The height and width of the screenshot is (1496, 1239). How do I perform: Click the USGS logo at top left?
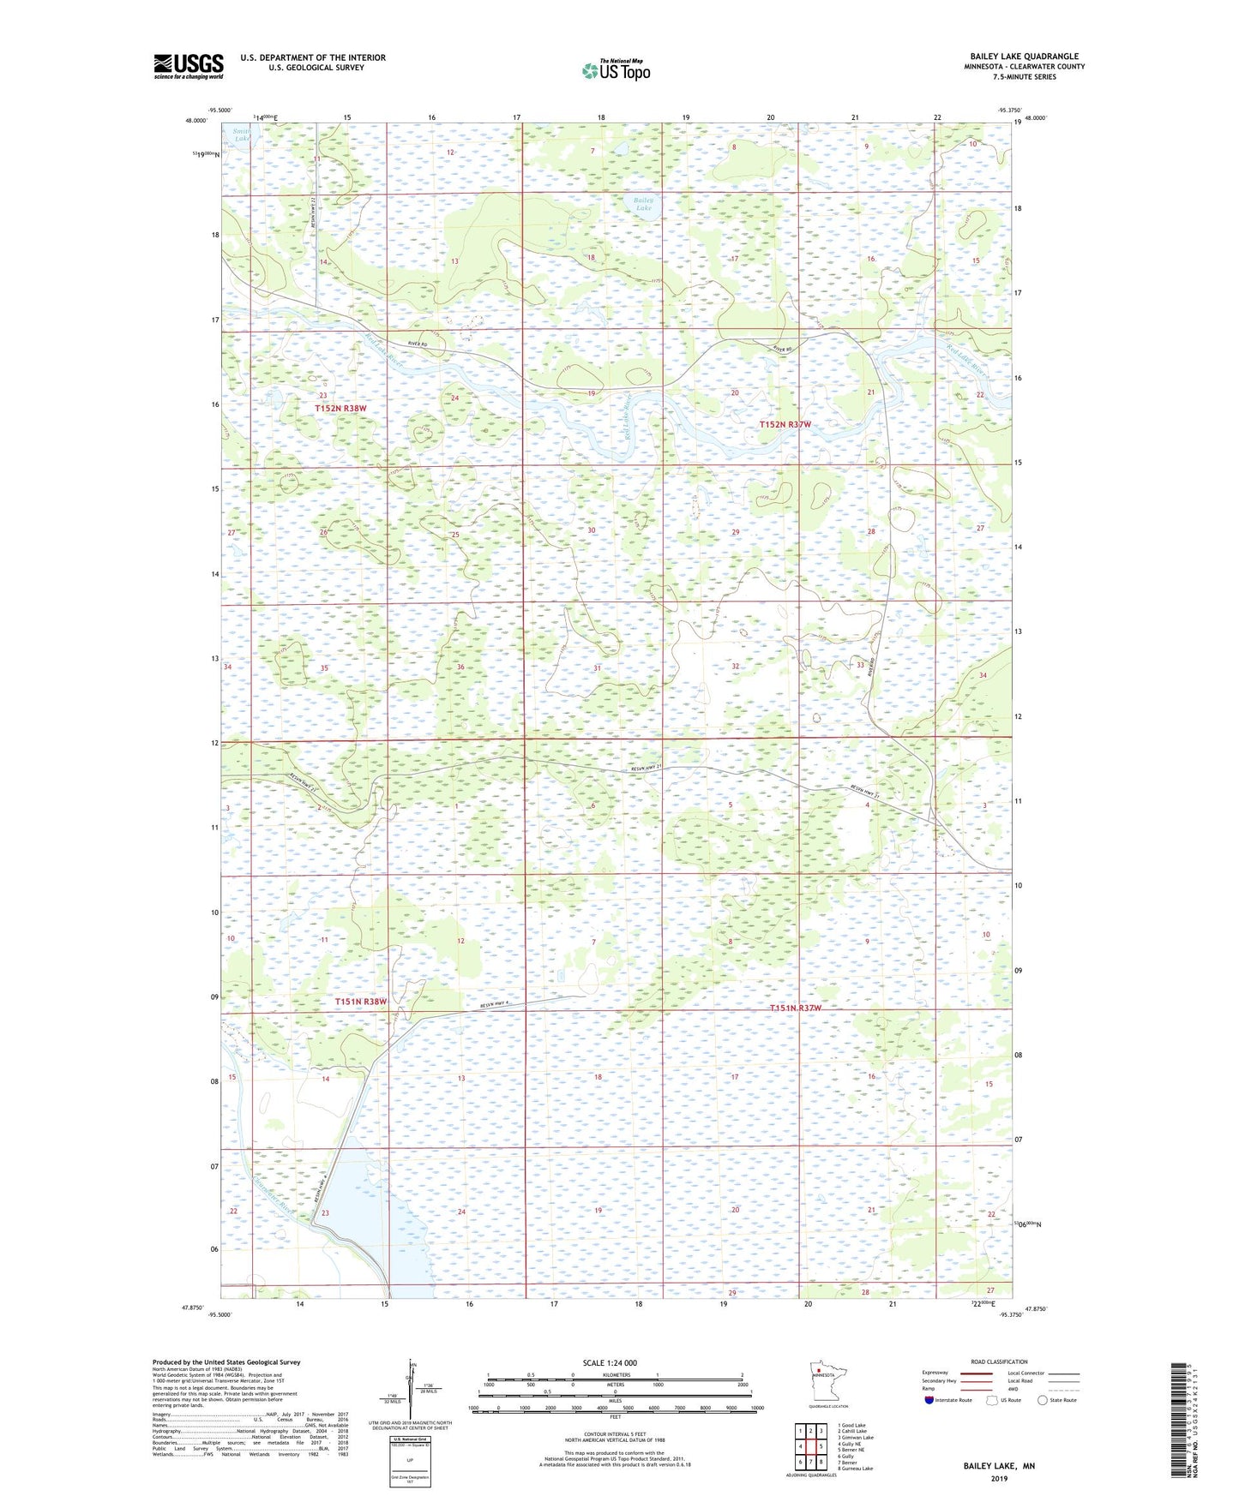pos(189,66)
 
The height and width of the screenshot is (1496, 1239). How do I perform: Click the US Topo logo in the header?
pos(615,70)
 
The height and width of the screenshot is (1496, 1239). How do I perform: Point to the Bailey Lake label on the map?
pos(643,204)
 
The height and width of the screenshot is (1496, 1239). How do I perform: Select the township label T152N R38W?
pos(340,409)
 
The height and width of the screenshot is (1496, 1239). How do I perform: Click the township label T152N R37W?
pos(785,424)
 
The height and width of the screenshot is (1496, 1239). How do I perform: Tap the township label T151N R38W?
pos(361,1001)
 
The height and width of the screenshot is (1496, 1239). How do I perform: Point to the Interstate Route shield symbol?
pos(929,1400)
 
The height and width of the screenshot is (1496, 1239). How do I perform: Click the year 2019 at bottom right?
pos(999,1478)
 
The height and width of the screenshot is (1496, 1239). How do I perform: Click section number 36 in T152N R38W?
pos(460,667)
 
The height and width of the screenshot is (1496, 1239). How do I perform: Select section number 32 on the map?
pos(735,666)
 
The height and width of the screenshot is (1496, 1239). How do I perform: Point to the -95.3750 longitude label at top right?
pos(1010,111)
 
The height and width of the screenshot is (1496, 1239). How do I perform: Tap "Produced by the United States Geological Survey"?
pos(226,1361)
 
